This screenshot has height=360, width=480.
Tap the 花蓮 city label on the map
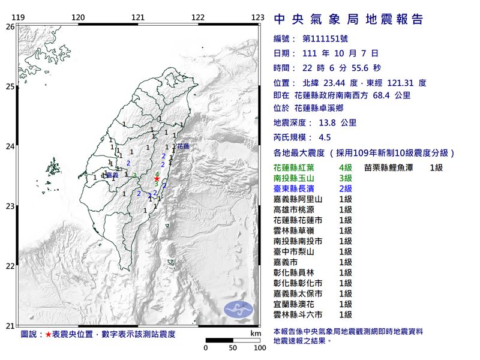coord(183,146)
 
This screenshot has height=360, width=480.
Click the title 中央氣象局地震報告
coord(349,19)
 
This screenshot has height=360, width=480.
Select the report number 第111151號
coord(329,38)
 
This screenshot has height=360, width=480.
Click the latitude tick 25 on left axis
coord(10,86)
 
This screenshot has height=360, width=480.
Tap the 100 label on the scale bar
coord(260,347)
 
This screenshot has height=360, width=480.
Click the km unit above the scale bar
coord(256,332)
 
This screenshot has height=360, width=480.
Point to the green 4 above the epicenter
coord(157,173)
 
